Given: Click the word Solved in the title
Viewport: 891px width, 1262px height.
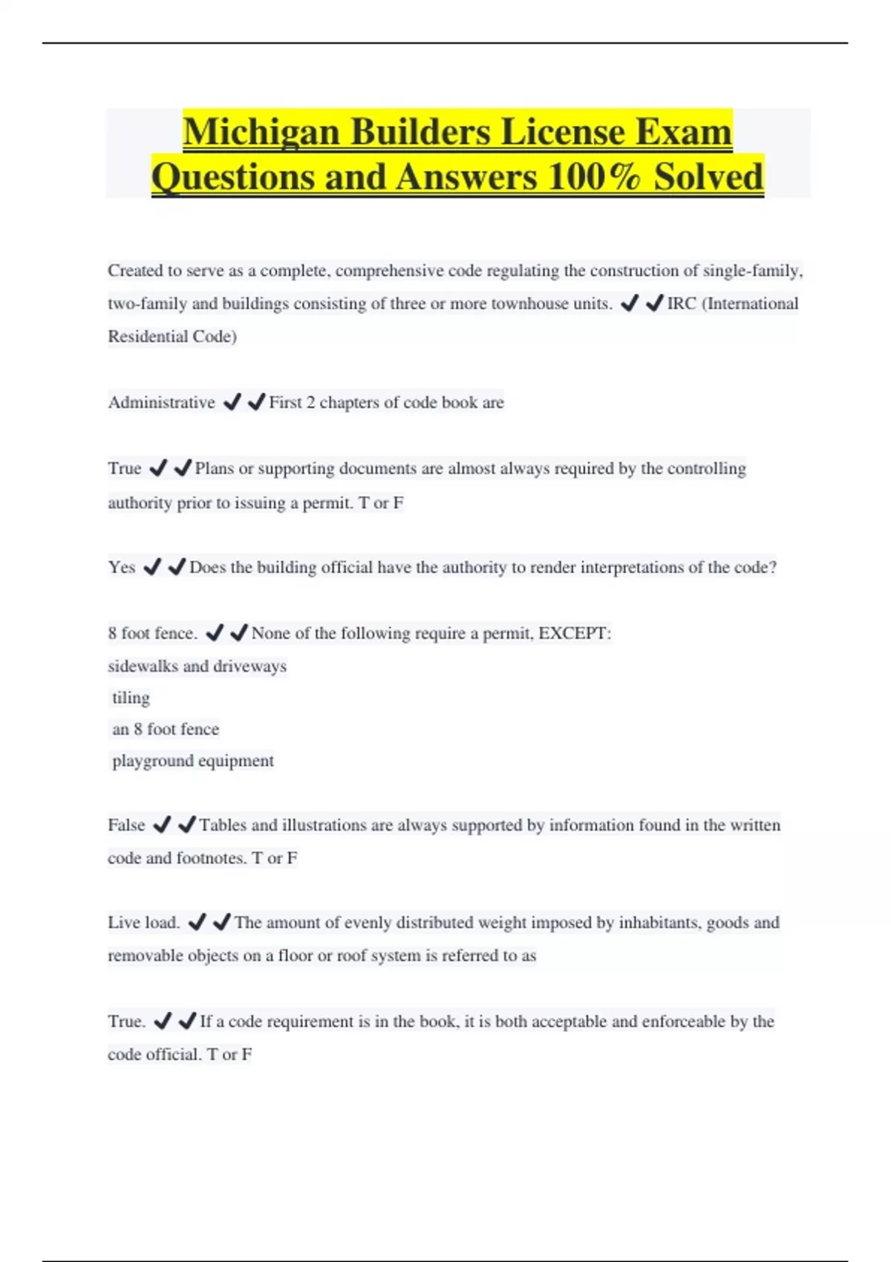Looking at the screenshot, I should (x=708, y=178).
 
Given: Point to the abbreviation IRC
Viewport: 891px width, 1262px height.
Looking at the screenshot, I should (x=681, y=304).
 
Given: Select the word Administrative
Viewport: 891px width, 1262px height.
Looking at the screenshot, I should (x=161, y=403).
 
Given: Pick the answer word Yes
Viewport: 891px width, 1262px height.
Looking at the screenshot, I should (x=121, y=568).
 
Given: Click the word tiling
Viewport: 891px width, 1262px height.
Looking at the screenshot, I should (x=131, y=699).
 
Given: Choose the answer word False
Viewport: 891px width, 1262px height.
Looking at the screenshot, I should (x=126, y=825).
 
